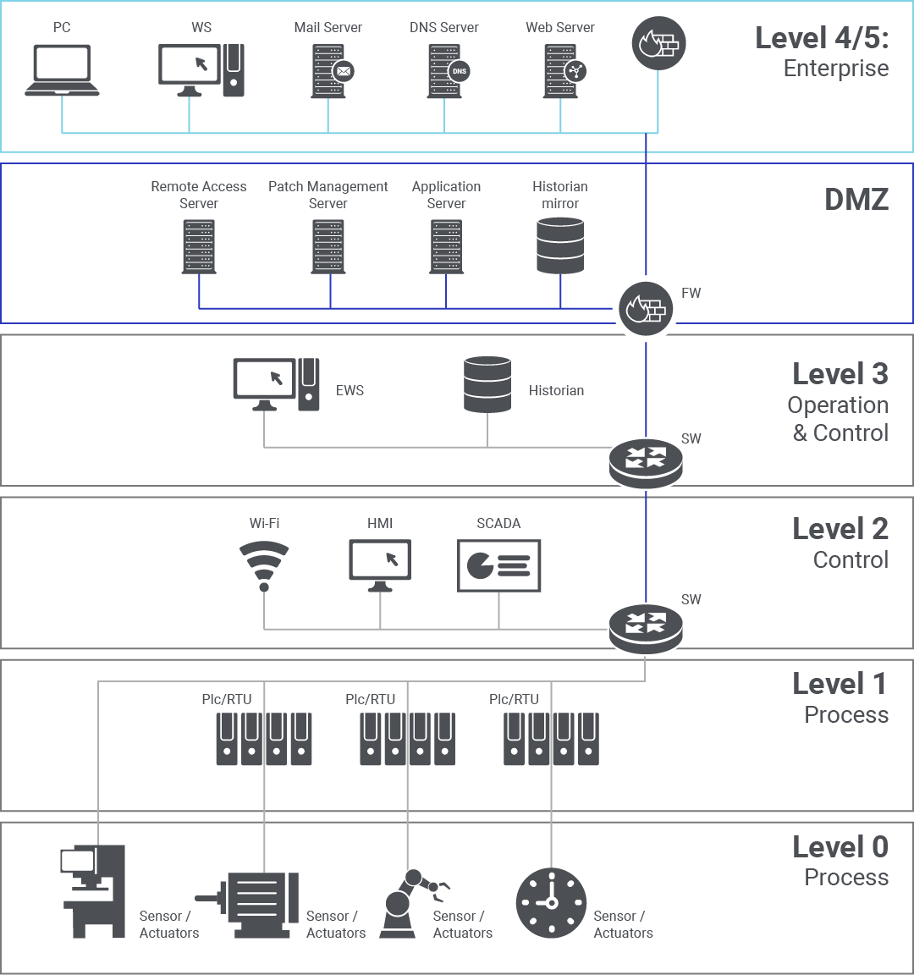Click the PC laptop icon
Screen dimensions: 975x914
point(62,69)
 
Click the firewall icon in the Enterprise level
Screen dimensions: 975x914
point(658,43)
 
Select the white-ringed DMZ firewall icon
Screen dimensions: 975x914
point(646,308)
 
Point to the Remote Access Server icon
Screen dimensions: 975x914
point(199,246)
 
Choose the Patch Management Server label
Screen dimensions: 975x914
point(328,195)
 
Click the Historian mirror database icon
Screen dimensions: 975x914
point(560,245)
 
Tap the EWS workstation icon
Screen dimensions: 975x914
point(276,384)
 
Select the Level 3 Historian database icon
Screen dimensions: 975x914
point(487,385)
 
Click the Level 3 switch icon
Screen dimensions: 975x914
point(646,462)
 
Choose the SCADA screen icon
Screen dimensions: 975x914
point(498,565)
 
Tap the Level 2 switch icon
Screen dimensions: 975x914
point(646,627)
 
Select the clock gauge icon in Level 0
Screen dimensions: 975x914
point(551,903)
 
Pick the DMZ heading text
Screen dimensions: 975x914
point(856,200)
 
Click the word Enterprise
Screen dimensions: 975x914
point(836,69)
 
